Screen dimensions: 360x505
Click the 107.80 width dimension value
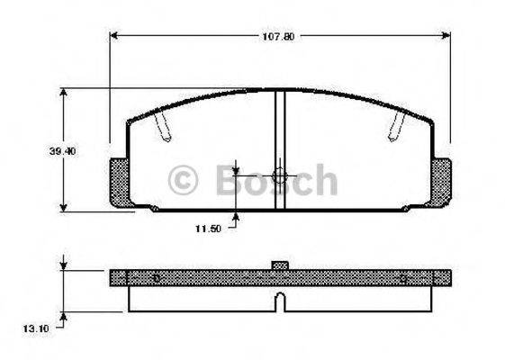pos(279,37)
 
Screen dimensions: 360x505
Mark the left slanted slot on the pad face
pos(162,129)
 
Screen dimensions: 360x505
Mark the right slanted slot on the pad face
pos(395,129)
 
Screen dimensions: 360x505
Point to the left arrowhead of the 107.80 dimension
pos(114,37)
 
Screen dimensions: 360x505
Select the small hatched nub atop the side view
pos(280,265)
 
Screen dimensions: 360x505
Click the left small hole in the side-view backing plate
pos(155,277)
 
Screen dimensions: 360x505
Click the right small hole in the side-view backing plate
pos(404,277)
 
